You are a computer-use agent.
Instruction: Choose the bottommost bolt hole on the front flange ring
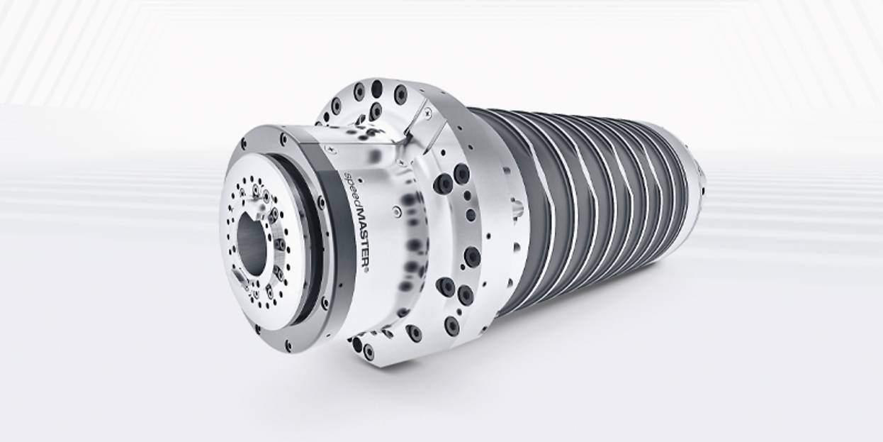(288, 345)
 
